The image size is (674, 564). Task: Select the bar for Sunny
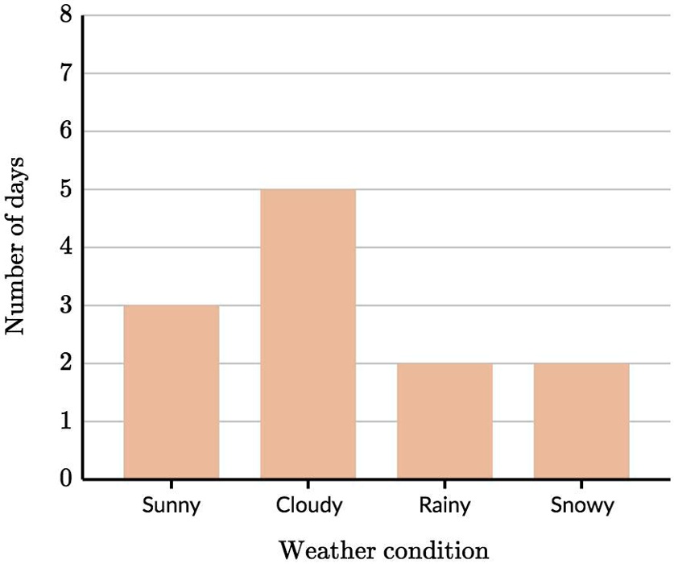171,392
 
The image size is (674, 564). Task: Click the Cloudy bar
308,334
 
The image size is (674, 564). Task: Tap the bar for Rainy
445,421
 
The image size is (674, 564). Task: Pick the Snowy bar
581,421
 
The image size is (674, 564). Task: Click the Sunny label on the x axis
171,506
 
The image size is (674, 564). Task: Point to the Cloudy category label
308,506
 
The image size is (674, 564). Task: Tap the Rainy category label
445,506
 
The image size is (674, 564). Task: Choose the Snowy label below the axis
581,506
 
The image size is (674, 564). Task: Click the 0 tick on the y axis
66,480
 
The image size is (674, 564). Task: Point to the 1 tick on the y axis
66,421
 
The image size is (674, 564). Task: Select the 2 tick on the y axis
66,363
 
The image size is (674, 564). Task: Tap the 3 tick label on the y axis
66,305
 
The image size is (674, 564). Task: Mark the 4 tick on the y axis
66,247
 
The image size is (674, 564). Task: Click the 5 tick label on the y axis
66,189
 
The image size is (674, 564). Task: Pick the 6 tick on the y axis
66,131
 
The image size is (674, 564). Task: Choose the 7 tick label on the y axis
66,73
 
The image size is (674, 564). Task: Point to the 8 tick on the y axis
66,15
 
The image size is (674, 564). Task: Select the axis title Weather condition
383,550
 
